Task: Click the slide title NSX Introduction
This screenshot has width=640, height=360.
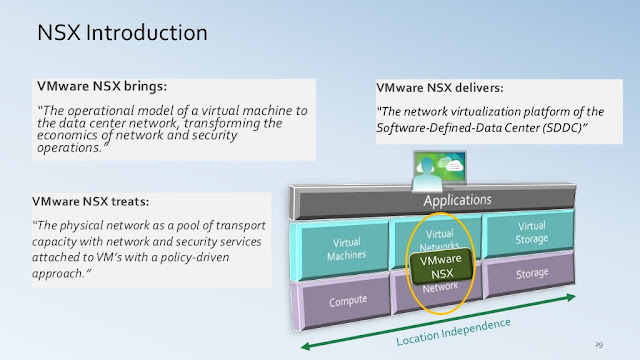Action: click(x=122, y=33)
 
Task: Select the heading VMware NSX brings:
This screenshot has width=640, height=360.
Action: click(x=102, y=86)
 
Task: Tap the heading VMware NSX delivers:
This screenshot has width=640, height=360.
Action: click(x=440, y=88)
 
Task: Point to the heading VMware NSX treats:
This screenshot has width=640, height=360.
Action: click(x=91, y=201)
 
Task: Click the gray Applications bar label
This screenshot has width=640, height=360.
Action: click(x=457, y=200)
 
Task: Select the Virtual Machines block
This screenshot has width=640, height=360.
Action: click(x=346, y=249)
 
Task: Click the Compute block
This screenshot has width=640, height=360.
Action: click(x=348, y=301)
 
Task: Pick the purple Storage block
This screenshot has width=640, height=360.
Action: click(x=531, y=273)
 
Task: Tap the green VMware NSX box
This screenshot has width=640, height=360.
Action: click(x=441, y=267)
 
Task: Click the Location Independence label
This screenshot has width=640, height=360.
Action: click(x=453, y=332)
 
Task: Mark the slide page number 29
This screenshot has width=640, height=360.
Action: click(x=599, y=344)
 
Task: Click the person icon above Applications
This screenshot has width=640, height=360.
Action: click(x=427, y=175)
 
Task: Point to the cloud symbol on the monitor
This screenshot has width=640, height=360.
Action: click(x=454, y=166)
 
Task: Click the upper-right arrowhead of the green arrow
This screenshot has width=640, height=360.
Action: click(x=571, y=297)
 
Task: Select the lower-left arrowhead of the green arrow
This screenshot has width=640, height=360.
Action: click(x=305, y=347)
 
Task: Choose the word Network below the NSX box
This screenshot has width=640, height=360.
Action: click(x=440, y=288)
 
